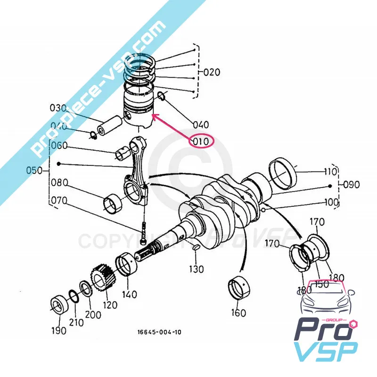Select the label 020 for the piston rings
click(x=212, y=73)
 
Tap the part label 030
click(x=58, y=108)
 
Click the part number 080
click(x=59, y=182)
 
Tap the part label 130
click(x=197, y=269)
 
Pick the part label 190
click(x=58, y=330)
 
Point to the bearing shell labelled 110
click(x=284, y=172)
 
